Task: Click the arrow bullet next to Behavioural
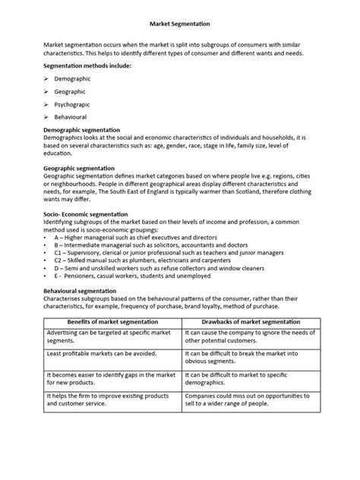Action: pos(45,117)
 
